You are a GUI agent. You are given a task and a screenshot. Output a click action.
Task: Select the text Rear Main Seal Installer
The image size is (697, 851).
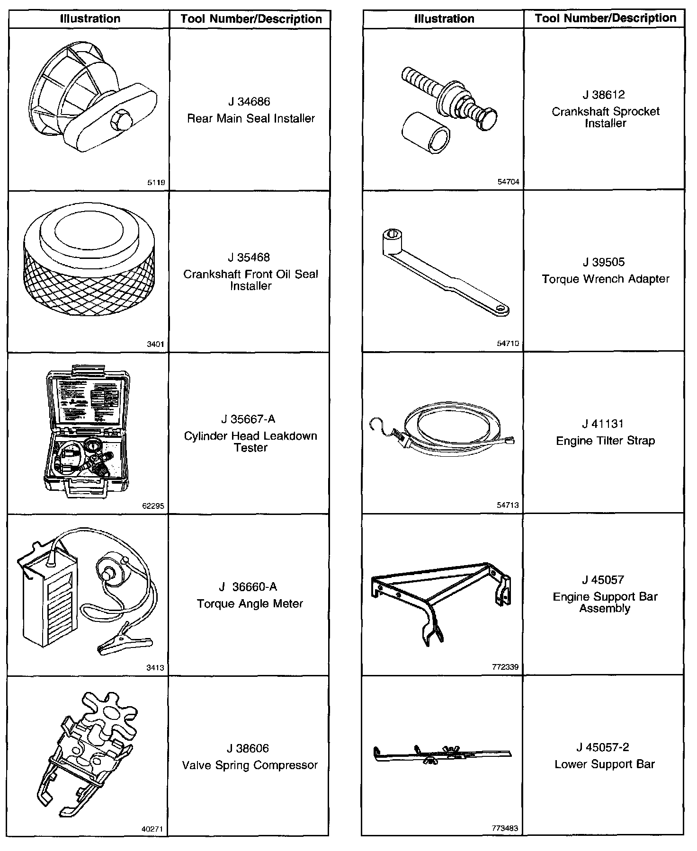tap(250, 118)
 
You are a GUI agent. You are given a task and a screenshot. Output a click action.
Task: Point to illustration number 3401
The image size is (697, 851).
tap(155, 344)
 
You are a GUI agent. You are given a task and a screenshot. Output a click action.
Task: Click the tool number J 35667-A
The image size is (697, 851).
tap(248, 419)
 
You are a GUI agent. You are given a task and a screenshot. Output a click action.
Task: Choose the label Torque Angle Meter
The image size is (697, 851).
tap(250, 603)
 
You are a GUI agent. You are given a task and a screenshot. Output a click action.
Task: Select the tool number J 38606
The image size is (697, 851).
tap(248, 748)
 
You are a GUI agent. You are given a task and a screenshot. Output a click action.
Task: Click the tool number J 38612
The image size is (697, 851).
tap(604, 95)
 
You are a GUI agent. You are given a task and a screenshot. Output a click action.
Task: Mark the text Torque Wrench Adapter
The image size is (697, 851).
tap(606, 279)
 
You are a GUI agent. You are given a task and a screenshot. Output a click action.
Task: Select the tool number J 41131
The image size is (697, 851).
tap(603, 424)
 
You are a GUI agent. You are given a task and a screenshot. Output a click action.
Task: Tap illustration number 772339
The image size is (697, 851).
tap(505, 667)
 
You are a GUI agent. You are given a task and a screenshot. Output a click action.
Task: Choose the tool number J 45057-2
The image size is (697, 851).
tap(603, 747)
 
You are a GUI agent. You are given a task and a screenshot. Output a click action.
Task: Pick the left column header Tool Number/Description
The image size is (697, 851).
tap(251, 19)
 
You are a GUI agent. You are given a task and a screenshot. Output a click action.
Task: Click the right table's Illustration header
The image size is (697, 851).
tap(444, 19)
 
